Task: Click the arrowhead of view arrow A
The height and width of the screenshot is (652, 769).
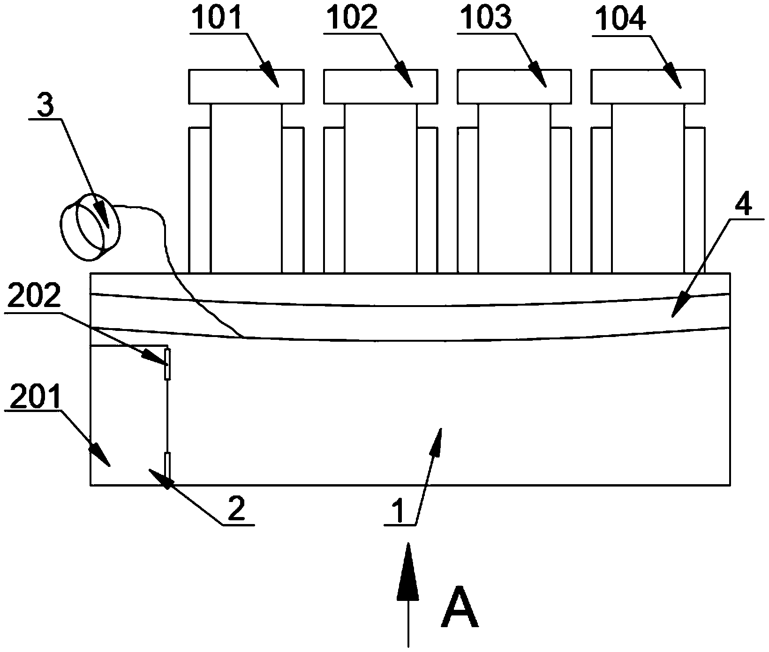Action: click(408, 571)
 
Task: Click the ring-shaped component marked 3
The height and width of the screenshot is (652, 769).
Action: click(90, 227)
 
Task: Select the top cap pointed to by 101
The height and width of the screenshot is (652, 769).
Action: click(247, 86)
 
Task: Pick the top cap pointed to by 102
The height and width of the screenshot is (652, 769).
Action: click(380, 86)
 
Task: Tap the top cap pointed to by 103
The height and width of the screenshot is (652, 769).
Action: click(514, 86)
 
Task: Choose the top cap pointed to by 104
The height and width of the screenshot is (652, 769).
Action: click(648, 86)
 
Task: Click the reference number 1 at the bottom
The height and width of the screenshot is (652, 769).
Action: click(398, 512)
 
